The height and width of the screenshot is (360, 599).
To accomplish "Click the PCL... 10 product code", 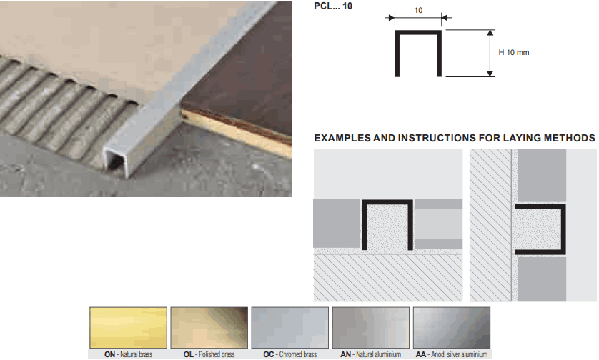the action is (332, 6).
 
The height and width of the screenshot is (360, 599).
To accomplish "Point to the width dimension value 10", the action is (418, 10).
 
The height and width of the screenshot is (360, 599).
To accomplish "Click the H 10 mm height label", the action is (514, 52).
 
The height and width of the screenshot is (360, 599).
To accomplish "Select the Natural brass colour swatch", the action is (129, 328).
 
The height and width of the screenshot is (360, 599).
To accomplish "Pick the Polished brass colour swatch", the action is (209, 328).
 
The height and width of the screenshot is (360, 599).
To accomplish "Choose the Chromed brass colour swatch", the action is (290, 328).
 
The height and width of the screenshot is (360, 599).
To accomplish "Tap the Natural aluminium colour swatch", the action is (371, 328).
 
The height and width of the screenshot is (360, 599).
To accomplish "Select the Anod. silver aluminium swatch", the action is (452, 328).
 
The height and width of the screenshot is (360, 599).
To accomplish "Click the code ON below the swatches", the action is (109, 355).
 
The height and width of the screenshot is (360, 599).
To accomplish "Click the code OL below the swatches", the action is (188, 355).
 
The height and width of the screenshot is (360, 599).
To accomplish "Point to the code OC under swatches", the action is (269, 355).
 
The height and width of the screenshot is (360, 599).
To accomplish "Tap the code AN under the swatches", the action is (346, 355).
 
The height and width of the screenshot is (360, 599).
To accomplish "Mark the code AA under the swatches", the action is (421, 355).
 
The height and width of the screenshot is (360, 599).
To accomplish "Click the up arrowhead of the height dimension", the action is (490, 33).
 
